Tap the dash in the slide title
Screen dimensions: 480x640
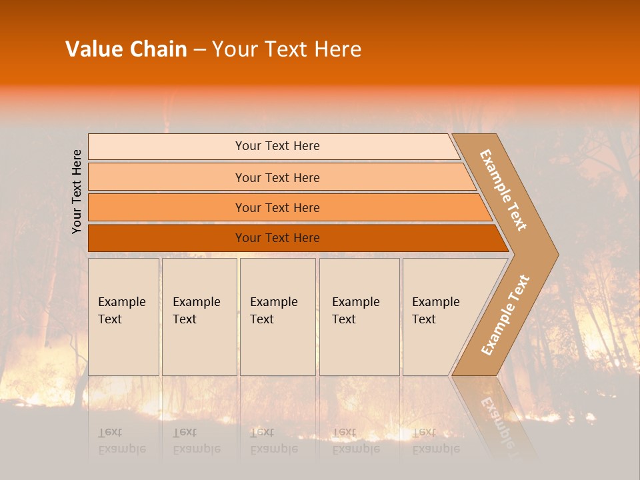click(x=199, y=50)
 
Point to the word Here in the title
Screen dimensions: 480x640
click(x=336, y=49)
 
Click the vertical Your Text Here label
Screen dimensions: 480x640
click(x=77, y=192)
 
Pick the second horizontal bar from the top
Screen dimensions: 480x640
click(x=277, y=177)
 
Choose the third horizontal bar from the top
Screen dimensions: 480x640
click(x=277, y=208)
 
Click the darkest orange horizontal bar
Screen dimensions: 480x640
click(x=277, y=238)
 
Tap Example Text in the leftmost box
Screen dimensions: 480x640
click(x=121, y=311)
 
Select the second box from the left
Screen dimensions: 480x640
click(x=199, y=317)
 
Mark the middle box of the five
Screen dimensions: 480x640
click(x=277, y=317)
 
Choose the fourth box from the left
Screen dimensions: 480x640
click(x=359, y=317)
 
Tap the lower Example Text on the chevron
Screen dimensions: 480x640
click(x=505, y=315)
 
